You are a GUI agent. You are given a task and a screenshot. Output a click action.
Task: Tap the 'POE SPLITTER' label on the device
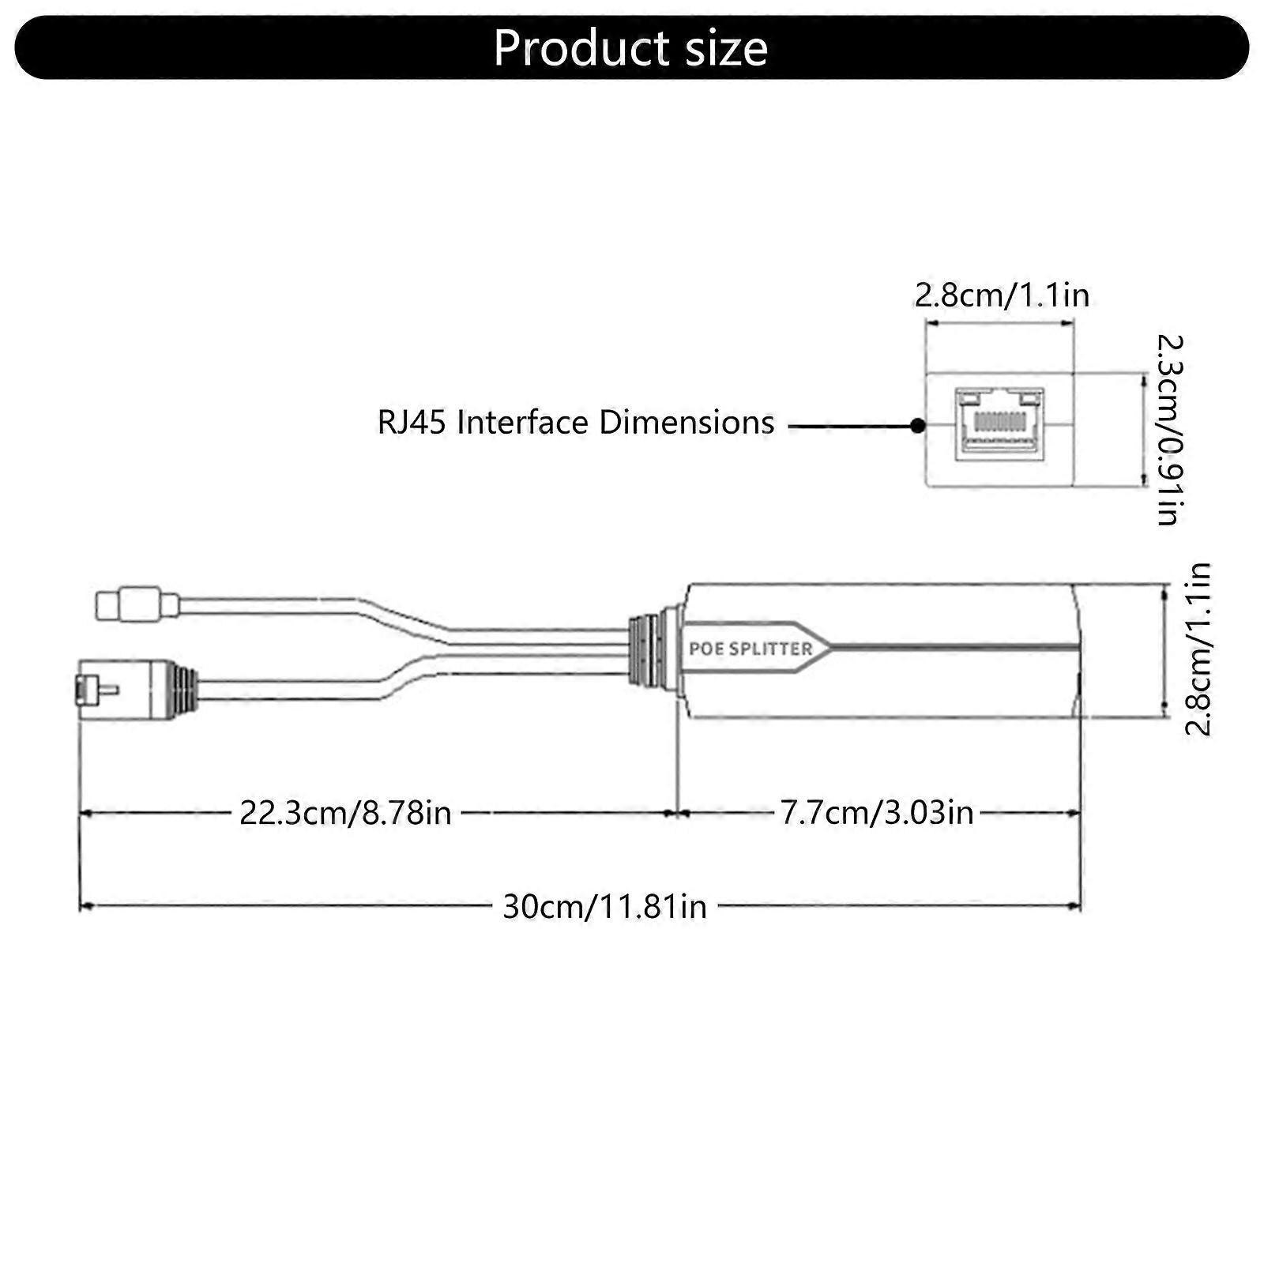[x=750, y=649]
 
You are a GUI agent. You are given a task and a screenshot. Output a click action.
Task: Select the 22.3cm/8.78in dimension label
[x=345, y=812]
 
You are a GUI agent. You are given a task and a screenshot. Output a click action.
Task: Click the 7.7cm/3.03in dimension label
[x=877, y=812]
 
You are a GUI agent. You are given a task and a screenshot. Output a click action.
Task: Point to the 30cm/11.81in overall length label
[x=604, y=906]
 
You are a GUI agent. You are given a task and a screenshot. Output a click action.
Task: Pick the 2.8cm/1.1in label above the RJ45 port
[x=1002, y=295]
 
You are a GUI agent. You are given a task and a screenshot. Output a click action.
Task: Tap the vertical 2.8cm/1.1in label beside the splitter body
[x=1198, y=649]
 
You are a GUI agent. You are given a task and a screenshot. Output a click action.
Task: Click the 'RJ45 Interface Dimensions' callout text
[x=575, y=423]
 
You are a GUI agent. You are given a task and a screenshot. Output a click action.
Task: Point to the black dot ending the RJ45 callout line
[x=917, y=426]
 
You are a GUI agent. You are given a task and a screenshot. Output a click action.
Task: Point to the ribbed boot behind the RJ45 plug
[x=186, y=688]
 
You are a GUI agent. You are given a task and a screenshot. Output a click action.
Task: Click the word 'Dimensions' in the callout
[x=686, y=423]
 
